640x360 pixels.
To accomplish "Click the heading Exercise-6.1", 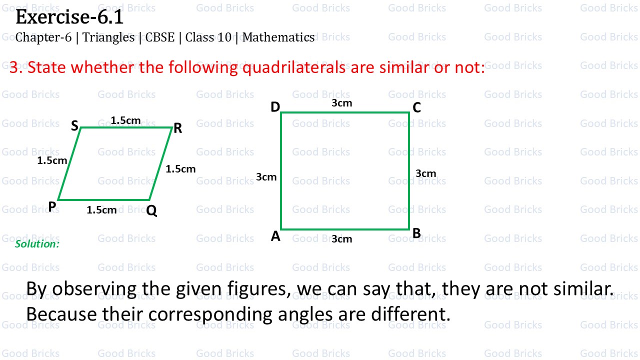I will point(69,17).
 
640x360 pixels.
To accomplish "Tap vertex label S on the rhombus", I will point(74,126).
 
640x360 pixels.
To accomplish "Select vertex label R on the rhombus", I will point(177,128).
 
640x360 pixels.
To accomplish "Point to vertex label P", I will point(52,206).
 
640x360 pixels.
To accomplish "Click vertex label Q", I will point(152,211).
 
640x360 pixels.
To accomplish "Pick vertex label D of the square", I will point(275,107).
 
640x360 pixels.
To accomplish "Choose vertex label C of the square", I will point(416,107).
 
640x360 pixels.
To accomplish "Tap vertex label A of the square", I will point(275,236).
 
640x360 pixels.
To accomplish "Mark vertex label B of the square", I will point(416,233).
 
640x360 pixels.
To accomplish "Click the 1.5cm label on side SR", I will point(125,120).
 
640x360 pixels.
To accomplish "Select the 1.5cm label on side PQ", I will point(101,210).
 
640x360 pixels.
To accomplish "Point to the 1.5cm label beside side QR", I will point(180,169).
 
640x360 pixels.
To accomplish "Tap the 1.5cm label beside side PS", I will point(52,160).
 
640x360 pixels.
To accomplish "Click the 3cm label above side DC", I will point(342,103).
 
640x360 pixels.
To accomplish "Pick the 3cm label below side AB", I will point(342,239).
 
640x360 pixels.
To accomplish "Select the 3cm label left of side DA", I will point(266,176).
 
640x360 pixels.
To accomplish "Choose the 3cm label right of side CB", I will point(426,173).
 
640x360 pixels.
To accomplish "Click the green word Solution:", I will point(37,244).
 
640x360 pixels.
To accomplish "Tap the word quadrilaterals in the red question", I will point(294,67).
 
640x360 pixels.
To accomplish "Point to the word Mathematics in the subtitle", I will point(278,37).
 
